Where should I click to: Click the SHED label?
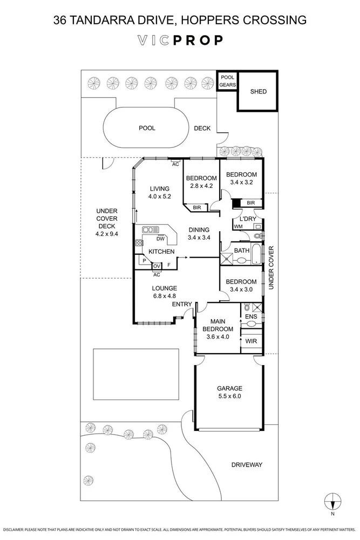tap(259, 91)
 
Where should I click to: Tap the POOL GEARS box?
tap(227, 81)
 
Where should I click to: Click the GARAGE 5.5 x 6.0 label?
tap(229, 392)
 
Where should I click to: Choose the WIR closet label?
tap(251, 342)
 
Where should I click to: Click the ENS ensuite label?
tap(251, 316)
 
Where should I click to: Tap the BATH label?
tap(241, 251)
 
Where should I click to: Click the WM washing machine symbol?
tap(238, 227)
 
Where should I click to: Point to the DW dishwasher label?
tap(160, 239)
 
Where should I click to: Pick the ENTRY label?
tap(182, 305)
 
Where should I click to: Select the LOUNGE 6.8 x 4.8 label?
tap(165, 292)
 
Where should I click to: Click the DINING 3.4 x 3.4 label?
tap(199, 233)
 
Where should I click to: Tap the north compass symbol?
tap(333, 502)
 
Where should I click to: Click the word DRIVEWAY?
tap(247, 464)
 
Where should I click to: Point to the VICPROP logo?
tap(180, 40)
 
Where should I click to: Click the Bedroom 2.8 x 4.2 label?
tap(201, 182)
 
